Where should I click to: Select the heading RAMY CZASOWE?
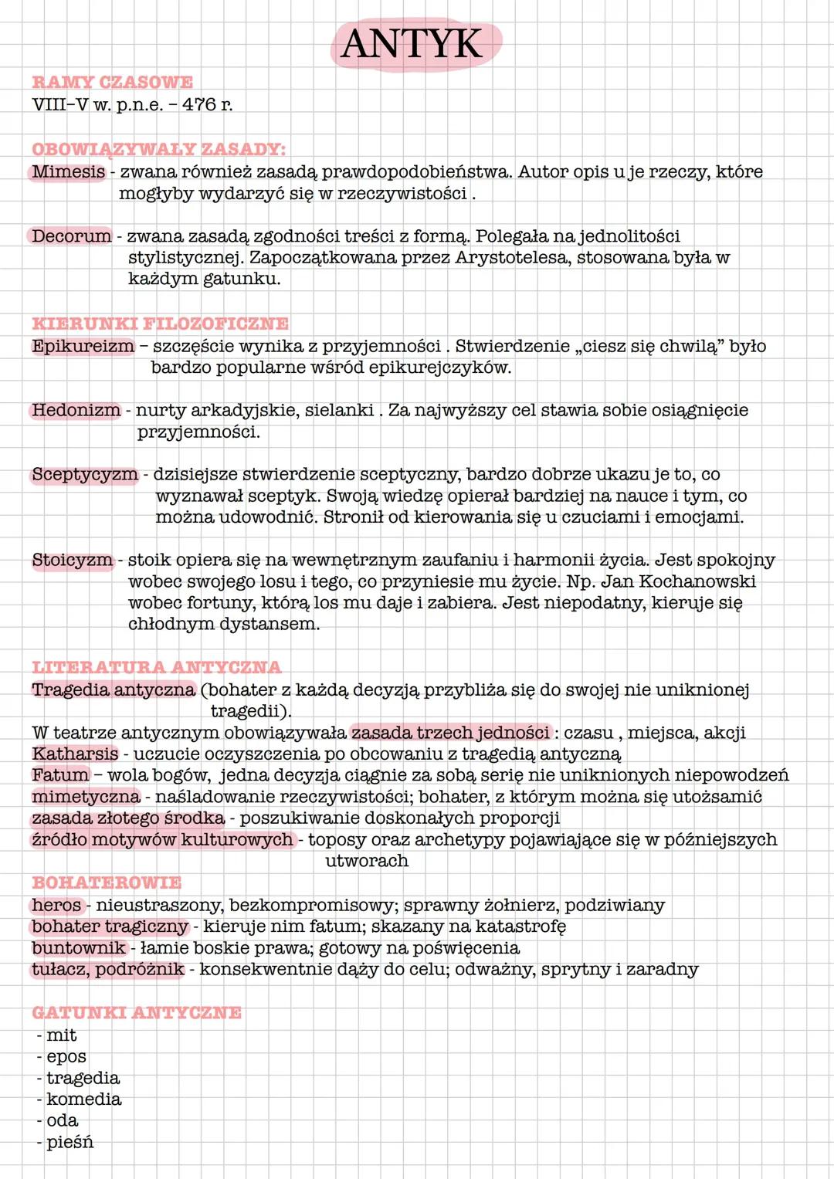[113, 82]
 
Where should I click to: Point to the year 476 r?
[207, 104]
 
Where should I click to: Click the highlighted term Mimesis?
[68, 171]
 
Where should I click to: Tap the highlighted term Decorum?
[71, 235]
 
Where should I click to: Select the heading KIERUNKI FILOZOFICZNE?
[161, 324]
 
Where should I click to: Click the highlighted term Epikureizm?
[83, 346]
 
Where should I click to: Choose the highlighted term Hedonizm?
[76, 410]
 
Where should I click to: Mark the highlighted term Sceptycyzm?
[85, 474]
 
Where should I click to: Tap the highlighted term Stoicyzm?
[73, 560]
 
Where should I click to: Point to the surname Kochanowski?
[697, 581]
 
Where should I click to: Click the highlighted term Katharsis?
[75, 754]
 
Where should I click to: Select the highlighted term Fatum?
[60, 774]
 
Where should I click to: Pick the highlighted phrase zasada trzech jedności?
[451, 732]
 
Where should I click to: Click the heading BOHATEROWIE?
[107, 883]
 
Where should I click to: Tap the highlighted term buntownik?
[78, 947]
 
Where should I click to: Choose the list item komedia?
[84, 1099]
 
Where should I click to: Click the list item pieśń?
[69, 1142]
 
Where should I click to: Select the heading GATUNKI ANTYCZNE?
[137, 1012]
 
